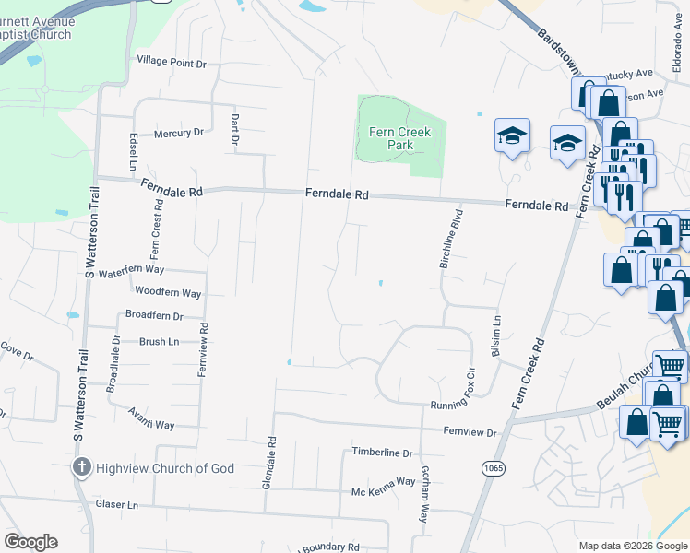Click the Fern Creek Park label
399,138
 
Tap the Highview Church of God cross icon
81,467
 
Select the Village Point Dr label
172,62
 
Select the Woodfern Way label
168,293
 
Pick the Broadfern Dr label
154,315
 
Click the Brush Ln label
159,341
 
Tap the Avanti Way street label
151,418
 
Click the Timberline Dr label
382,453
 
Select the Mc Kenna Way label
384,481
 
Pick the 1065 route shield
494,469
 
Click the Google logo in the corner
31,541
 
